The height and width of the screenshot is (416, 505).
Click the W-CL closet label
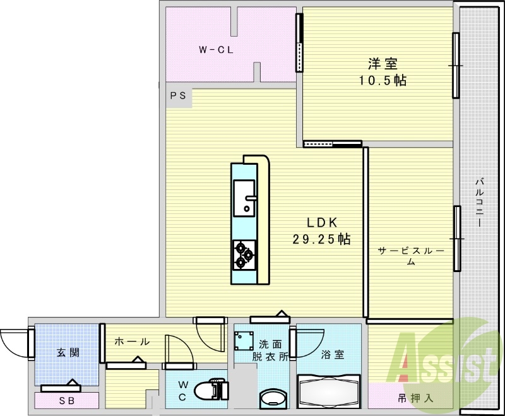coord(216,50)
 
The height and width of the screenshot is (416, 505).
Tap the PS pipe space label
coord(178,95)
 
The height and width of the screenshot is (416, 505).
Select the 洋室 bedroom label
coord(383,63)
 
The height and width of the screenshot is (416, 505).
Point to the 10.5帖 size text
coord(383,80)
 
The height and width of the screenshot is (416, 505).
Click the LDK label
coord(322,222)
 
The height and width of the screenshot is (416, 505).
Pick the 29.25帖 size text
coord(321,239)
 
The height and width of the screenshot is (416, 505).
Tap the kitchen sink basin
coord(244,198)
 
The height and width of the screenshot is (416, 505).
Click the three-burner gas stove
coord(244,255)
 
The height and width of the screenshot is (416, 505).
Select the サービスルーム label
coord(411,256)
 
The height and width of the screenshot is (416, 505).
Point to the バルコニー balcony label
coord(479,203)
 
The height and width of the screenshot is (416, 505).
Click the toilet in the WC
coord(211,391)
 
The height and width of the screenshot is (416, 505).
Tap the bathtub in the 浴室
coord(329,391)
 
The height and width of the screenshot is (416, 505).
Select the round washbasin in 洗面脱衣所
coord(273,399)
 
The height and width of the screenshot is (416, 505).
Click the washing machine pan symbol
coord(244,341)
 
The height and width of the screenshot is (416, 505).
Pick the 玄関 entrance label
coord(68,352)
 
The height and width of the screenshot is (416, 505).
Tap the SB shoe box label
coord(67,401)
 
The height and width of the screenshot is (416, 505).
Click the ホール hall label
coord(132,342)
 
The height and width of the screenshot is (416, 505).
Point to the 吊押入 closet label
coord(415,398)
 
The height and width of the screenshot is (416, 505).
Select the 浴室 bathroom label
coord(333,355)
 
